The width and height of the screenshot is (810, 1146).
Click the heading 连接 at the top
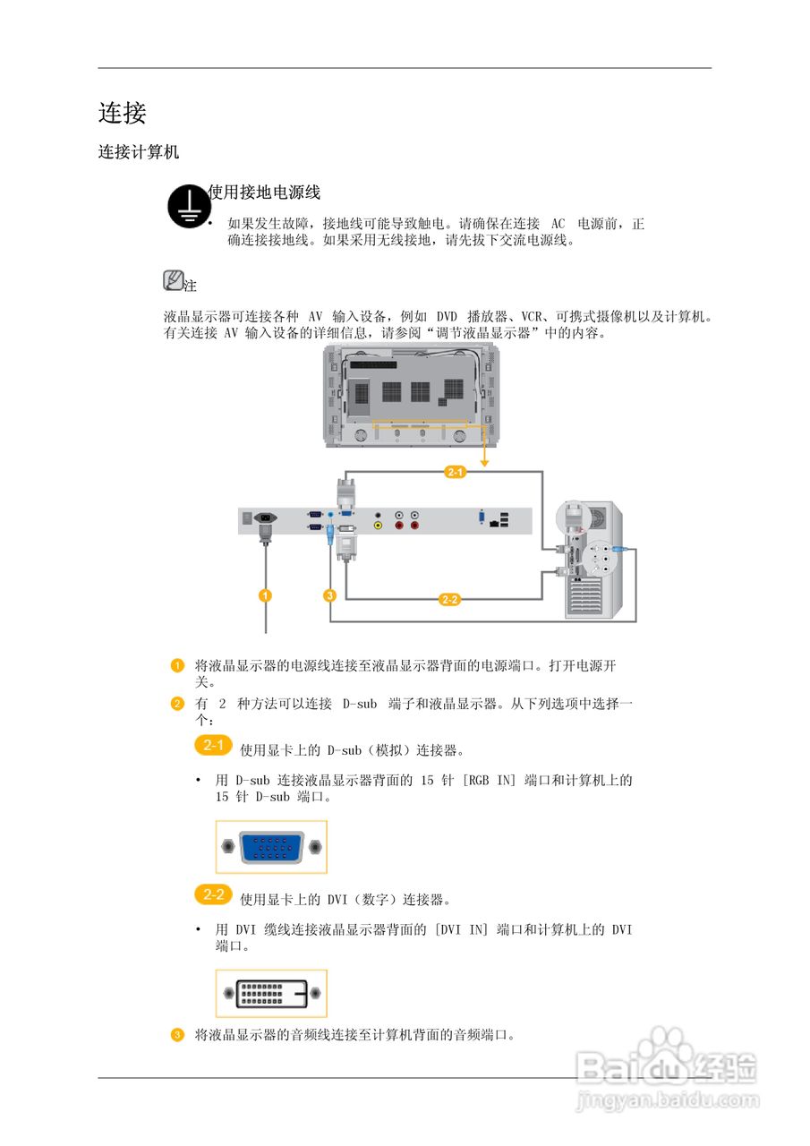(122, 113)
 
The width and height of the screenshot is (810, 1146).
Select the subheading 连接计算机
(139, 152)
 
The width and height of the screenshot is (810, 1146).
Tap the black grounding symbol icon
(187, 207)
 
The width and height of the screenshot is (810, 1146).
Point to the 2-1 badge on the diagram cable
(455, 472)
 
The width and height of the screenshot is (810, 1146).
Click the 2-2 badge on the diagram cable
(450, 599)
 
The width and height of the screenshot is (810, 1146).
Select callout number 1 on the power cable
(265, 595)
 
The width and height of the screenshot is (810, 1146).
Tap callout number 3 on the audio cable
(329, 595)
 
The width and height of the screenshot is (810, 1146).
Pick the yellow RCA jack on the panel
(379, 526)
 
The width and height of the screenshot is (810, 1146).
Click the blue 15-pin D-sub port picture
(271, 846)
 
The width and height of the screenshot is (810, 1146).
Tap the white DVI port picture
(271, 993)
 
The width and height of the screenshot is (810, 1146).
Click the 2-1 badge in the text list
(213, 746)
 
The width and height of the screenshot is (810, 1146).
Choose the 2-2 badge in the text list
(213, 894)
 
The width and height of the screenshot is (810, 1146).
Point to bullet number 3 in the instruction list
(177, 1035)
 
